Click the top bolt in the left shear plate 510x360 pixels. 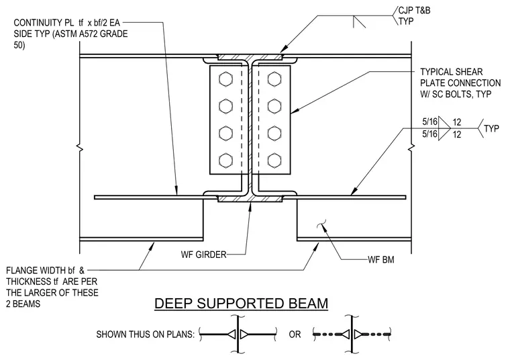pos(225,79)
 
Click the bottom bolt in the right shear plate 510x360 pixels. pos(274,161)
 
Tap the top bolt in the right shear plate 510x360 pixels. pos(274,79)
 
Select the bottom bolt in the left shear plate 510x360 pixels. pos(225,161)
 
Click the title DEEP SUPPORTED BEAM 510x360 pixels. pos(242,304)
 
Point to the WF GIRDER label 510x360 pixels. pos(203,255)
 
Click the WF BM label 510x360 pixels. pos(381,260)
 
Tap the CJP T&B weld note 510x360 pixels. pos(415,11)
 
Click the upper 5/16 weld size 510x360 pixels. pos(429,122)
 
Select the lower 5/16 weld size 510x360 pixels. pos(429,134)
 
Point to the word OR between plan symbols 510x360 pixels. pos(295,334)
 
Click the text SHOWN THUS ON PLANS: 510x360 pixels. pos(146,334)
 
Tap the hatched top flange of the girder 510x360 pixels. pos(250,57)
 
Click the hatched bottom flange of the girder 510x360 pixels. pos(250,199)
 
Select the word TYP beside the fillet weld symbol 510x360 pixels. pos(491,128)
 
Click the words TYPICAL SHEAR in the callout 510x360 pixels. pos(452,72)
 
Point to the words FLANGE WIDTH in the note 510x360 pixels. pos(40,271)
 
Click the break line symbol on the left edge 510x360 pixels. pos(80,148)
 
